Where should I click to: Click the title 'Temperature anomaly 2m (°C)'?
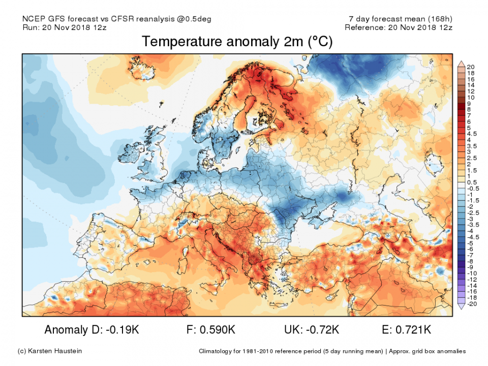[237, 42]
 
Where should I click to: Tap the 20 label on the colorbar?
[471, 67]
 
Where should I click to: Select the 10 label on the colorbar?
[471, 97]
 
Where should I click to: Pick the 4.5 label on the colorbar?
[472, 134]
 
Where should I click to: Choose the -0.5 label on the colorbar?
[471, 189]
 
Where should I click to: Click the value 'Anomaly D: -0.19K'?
[91, 330]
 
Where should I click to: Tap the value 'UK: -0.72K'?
[311, 330]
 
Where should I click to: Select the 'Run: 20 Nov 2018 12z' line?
[63, 27]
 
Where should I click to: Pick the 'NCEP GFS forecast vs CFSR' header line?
[117, 19]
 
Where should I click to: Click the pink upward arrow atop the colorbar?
[462, 64]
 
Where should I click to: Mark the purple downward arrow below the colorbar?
[462, 307]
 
